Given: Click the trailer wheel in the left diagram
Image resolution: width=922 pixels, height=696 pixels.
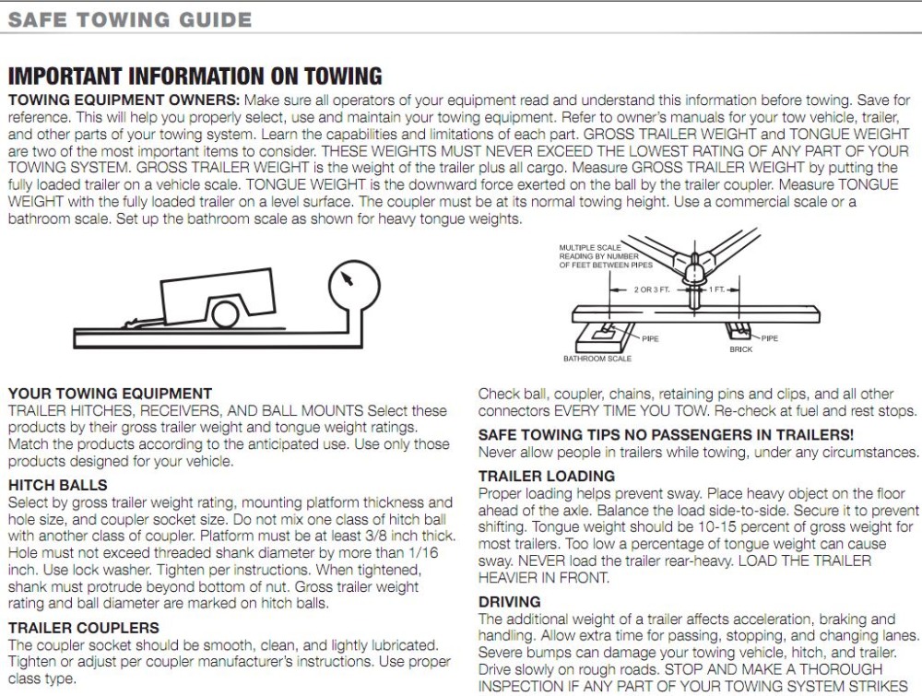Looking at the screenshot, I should point(224,314).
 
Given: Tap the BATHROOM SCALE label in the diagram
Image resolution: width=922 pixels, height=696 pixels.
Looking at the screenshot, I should point(597,359).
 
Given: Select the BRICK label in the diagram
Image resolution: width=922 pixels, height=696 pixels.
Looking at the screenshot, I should point(740,350).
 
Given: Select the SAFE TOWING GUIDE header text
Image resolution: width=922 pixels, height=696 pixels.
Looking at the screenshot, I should point(130,19).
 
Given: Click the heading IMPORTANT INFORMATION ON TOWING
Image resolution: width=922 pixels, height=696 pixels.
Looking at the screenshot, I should point(195,77).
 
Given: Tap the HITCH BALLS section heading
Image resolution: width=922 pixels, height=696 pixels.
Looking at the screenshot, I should point(57,485).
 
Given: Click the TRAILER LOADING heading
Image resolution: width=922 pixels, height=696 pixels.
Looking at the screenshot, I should point(547,476).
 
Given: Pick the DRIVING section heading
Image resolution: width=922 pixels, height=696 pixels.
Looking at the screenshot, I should point(510,601).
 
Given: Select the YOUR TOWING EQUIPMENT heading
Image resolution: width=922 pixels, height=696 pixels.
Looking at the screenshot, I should point(110,394).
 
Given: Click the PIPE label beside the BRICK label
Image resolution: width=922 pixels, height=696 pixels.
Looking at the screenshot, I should point(769,338).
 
